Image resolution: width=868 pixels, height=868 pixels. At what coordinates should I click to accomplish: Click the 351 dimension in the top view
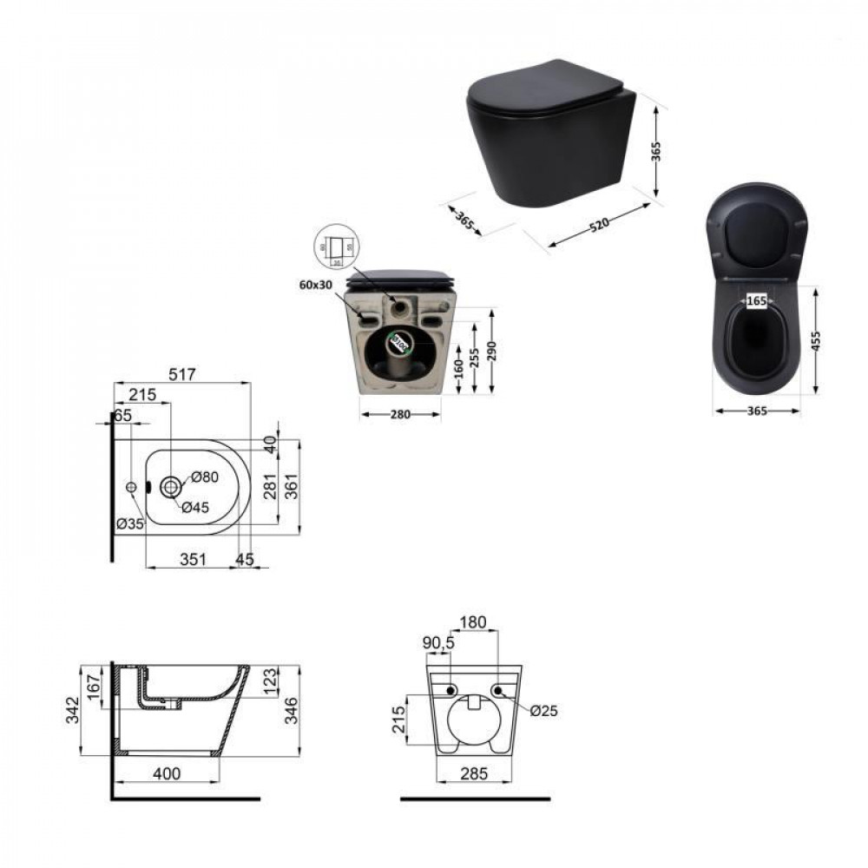point(192,560)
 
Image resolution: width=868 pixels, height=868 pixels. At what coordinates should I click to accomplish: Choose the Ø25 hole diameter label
point(543,710)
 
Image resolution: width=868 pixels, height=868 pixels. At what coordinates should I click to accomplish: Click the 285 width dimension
point(474,773)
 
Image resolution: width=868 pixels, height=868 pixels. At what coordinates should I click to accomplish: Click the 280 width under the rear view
point(399,415)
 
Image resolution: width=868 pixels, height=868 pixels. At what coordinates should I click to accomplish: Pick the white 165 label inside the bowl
point(756,301)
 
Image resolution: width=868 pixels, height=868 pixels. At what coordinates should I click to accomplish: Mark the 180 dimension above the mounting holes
point(474,622)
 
